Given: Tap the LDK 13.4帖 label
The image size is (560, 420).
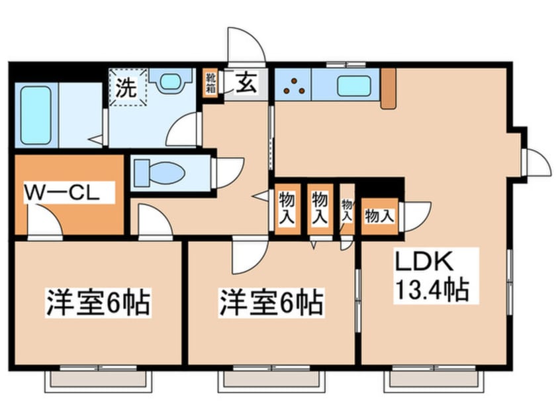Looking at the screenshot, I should [x=432, y=276].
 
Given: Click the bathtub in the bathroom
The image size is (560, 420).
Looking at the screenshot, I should [x=36, y=114].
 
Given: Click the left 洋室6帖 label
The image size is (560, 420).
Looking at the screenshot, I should [x=98, y=303].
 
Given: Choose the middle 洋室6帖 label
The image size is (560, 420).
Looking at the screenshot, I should [x=272, y=303].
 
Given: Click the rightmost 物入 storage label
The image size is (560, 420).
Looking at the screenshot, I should [x=379, y=215].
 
